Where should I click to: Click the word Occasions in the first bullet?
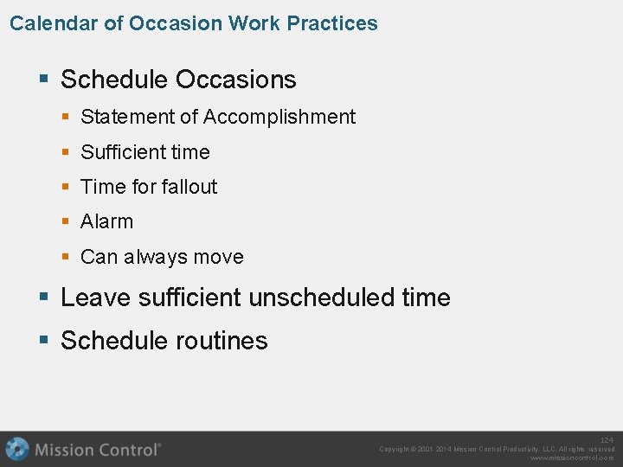coord(235,80)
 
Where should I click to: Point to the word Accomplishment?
coord(279,117)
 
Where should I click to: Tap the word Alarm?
coord(107,222)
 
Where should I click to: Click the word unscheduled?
coord(322,297)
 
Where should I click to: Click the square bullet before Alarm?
coord(67,222)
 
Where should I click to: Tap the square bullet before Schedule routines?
coord(45,342)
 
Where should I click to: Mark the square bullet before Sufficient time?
coord(67,152)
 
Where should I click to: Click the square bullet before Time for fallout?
coord(67,187)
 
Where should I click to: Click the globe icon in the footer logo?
coord(17,449)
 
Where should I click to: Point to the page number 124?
coord(607,440)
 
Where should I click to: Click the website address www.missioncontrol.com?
coord(572,458)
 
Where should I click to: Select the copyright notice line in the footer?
coord(497,449)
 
